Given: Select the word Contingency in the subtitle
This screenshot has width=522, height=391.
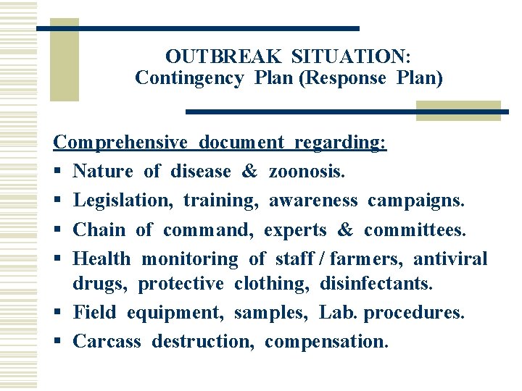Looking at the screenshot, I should [188, 78].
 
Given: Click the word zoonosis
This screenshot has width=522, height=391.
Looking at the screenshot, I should [307, 172].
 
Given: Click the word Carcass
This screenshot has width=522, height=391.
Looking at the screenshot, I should [107, 341].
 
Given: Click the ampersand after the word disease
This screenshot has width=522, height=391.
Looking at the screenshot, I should [249, 172].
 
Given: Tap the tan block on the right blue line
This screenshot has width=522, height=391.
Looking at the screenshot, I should [458, 111].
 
